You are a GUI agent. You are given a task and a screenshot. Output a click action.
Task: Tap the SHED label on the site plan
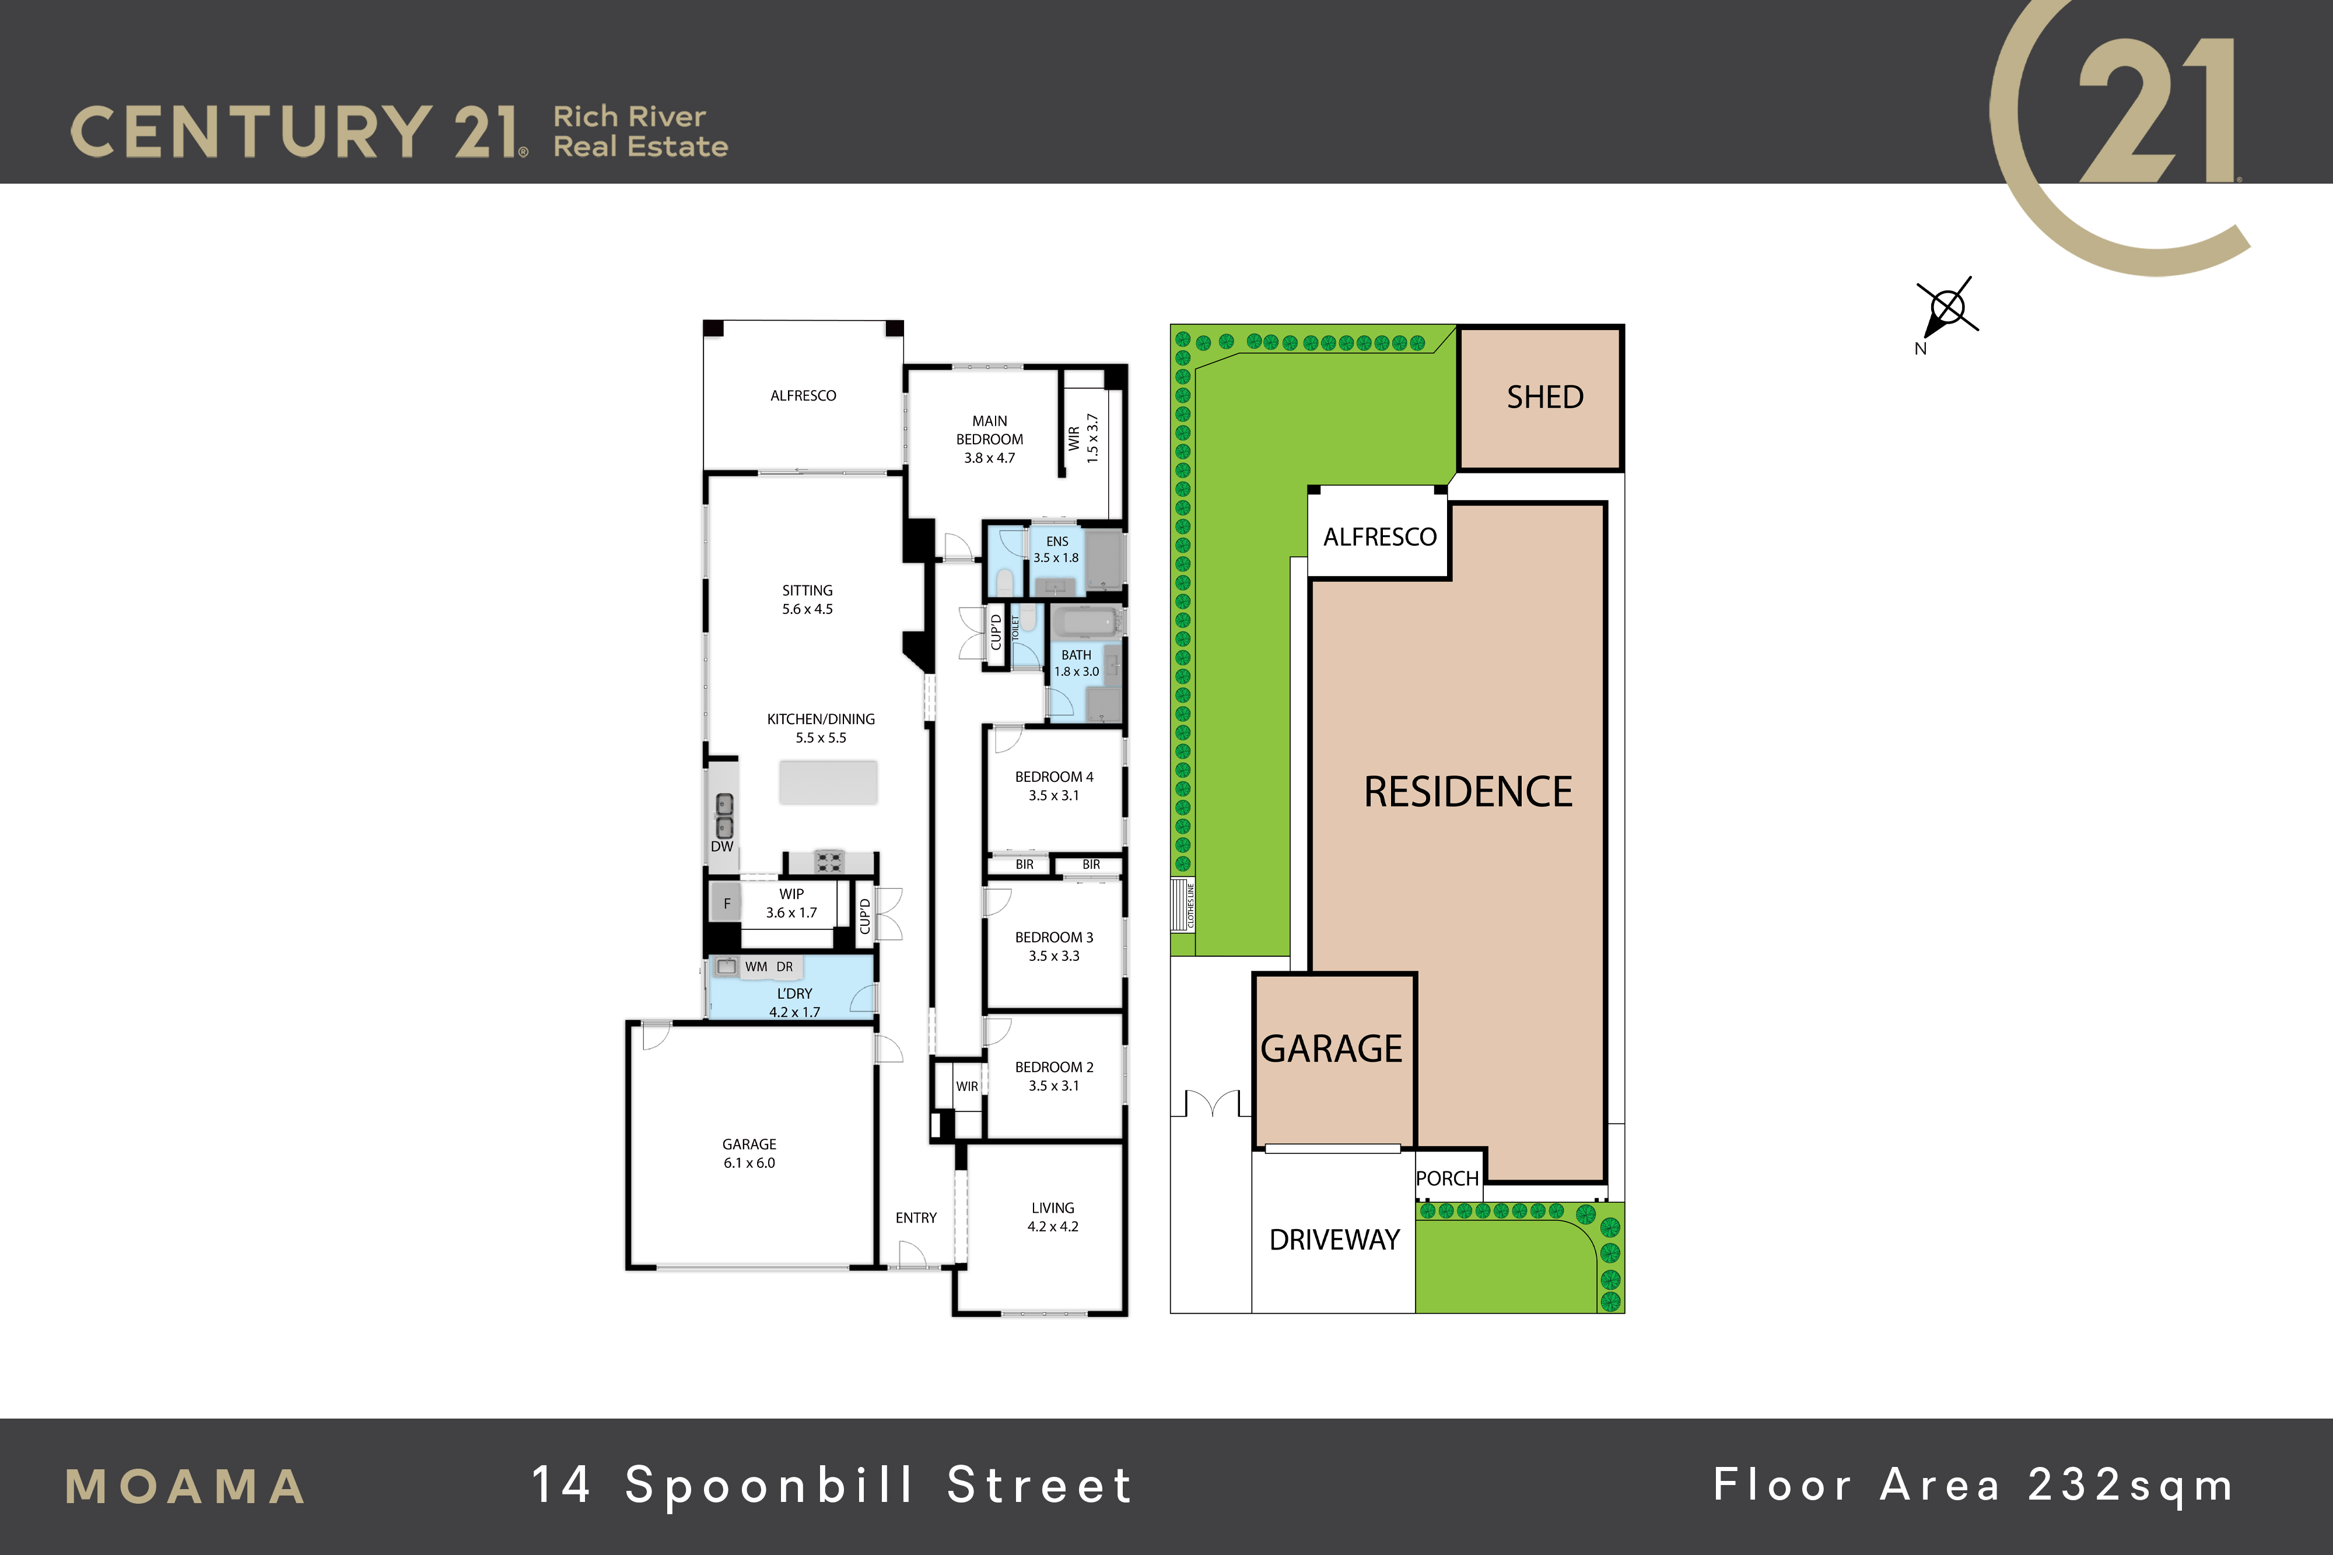point(1544,396)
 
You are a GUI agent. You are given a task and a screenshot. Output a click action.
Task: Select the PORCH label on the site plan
point(1447,1178)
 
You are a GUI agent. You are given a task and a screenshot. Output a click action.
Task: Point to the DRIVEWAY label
point(1334,1240)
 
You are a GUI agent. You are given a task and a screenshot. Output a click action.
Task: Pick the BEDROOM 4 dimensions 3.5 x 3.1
point(1053,795)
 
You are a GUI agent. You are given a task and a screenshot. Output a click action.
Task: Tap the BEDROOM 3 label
point(1053,937)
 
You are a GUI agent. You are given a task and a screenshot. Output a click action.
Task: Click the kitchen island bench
point(828,782)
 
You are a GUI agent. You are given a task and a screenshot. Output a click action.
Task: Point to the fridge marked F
point(726,903)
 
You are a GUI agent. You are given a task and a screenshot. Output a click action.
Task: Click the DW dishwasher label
point(722,846)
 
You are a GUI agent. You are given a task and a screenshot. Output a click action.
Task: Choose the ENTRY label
point(916,1218)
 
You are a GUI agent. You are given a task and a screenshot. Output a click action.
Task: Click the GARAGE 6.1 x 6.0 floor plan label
point(749,1153)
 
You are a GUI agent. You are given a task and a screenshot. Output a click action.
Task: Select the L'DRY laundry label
point(794,994)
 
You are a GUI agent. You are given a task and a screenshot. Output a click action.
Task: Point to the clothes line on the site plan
point(1183,904)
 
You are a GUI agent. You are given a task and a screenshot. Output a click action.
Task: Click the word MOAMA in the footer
point(185,1487)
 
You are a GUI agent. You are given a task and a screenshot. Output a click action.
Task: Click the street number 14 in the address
point(562,1484)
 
